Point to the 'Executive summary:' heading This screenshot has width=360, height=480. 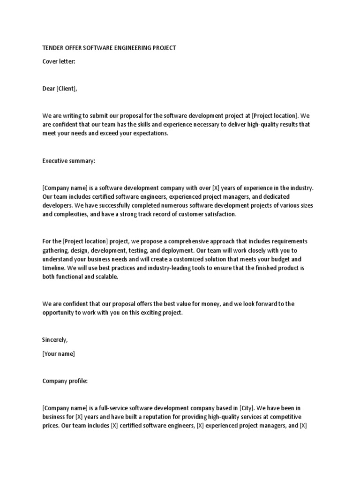tap(68, 161)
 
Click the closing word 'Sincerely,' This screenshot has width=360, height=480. tap(55, 340)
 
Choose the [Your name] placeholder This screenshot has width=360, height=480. tap(59, 354)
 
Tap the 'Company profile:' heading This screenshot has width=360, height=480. tap(65, 381)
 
